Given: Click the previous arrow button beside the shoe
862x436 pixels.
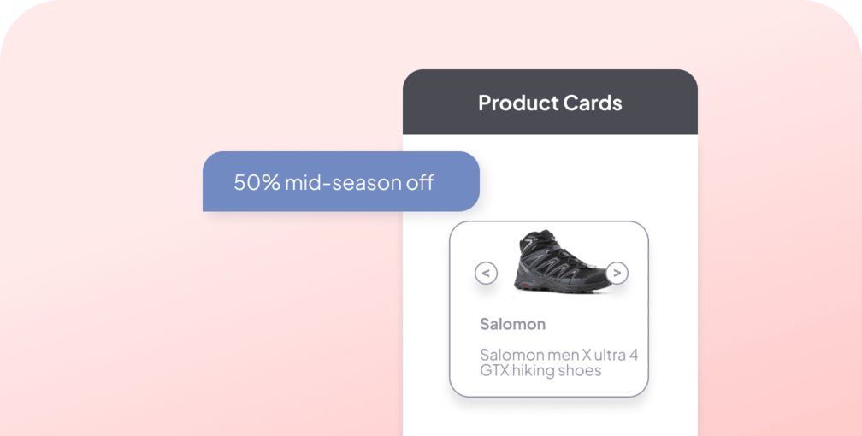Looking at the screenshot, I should point(486,274).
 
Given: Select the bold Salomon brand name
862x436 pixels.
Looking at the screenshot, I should point(512,324).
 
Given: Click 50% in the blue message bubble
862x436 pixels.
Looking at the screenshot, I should point(257,182).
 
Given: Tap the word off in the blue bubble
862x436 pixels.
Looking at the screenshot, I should point(420,182).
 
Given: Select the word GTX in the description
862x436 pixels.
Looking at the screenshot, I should point(494,370).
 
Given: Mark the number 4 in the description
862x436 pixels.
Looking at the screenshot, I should point(634,355).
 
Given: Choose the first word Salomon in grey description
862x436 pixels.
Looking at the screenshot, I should point(511,355).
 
